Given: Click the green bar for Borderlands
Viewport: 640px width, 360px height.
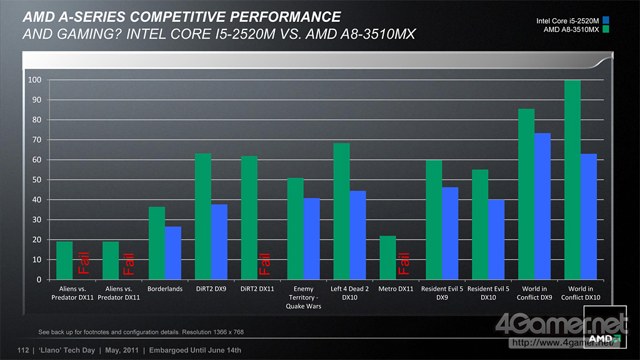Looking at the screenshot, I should (x=157, y=243).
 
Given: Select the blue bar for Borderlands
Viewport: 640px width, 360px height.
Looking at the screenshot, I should (x=173, y=253).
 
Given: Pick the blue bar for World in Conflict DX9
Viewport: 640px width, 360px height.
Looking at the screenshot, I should (x=542, y=206).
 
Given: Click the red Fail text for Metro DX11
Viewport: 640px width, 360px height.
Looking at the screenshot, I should (x=403, y=263).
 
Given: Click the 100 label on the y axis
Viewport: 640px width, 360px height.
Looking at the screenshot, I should (x=34, y=80).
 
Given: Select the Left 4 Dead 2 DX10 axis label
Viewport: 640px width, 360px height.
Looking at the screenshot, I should (x=349, y=293).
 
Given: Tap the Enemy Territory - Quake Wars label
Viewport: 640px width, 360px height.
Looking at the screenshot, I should (x=303, y=297).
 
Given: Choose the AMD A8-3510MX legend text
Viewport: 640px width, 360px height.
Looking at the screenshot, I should (x=571, y=29).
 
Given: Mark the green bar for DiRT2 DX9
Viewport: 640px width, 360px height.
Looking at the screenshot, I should (x=203, y=216).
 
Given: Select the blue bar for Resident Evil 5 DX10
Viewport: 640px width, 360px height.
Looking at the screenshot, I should (x=496, y=239).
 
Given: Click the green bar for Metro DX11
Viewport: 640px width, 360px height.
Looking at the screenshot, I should (x=387, y=257).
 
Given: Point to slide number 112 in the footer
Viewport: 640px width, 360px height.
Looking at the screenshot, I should (x=24, y=350).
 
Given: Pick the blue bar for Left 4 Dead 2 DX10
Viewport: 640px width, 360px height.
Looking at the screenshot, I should (x=357, y=235).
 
